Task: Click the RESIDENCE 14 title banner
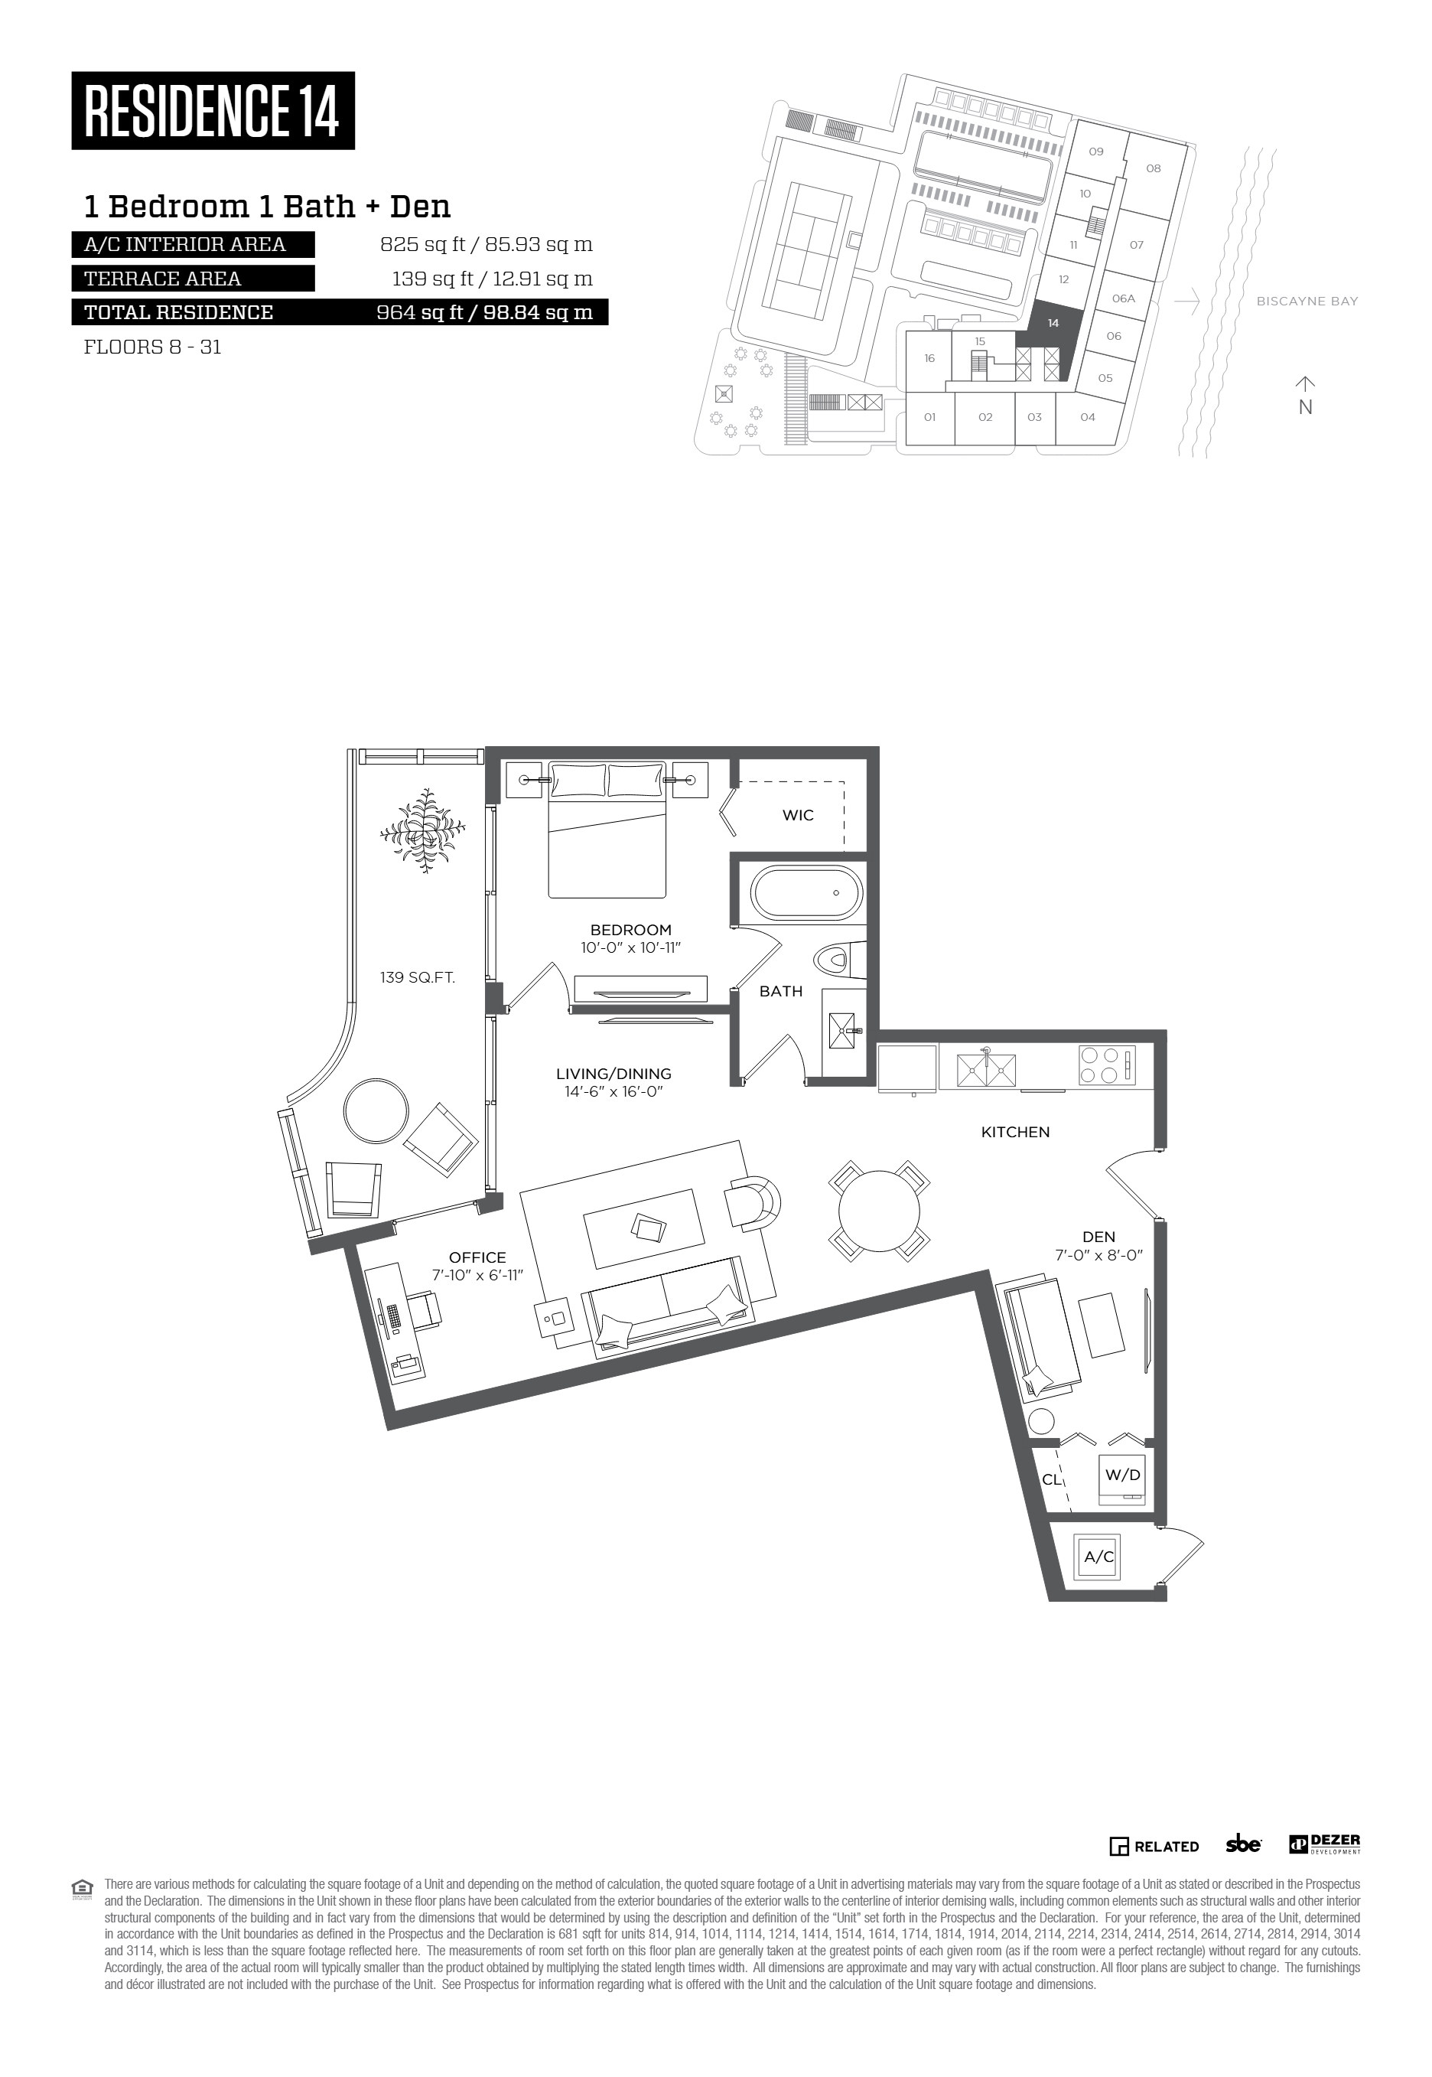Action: coord(213,110)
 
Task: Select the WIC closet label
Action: coord(798,815)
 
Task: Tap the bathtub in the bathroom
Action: coord(805,893)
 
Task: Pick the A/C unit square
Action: coord(1099,1557)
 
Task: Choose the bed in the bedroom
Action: coord(607,830)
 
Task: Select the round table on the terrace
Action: coord(374,1110)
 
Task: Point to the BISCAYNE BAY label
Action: coord(1307,302)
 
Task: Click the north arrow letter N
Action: coord(1306,406)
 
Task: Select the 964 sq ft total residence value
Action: coord(484,312)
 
